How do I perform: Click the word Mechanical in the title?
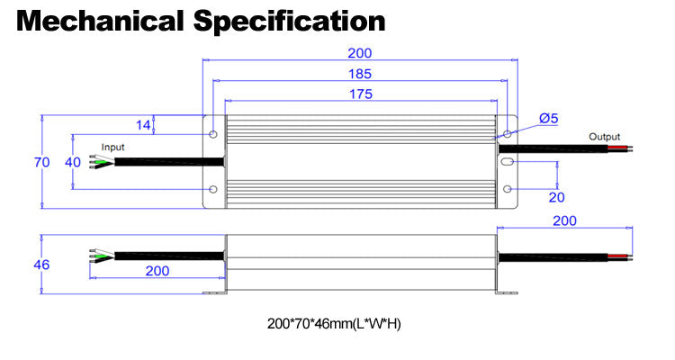point(100,21)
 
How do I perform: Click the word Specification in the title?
point(289,22)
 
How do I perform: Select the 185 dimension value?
point(360,74)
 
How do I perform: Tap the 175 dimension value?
point(361,94)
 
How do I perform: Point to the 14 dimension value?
point(143,125)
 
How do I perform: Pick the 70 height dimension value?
point(41,162)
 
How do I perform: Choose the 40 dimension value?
point(73,162)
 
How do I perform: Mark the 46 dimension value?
point(41,265)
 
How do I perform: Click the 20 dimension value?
point(556,197)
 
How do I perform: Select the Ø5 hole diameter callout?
point(548,118)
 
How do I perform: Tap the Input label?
point(112,148)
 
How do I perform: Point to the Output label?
point(605,137)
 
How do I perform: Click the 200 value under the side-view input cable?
point(157,271)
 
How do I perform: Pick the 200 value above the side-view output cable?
point(564,220)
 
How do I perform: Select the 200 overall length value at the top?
point(359,53)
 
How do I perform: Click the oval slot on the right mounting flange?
point(508,162)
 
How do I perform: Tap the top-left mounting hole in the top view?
point(213,134)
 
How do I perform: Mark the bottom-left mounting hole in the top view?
point(213,189)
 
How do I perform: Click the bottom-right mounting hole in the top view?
point(508,189)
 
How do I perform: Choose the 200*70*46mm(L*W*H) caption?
point(334,323)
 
